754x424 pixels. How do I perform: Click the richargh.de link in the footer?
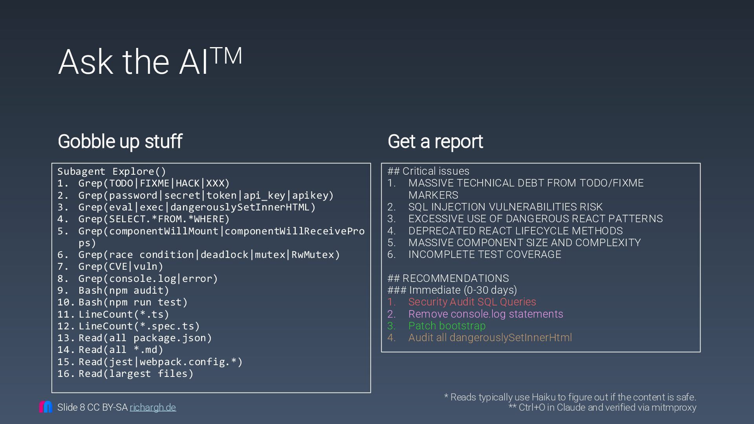153,408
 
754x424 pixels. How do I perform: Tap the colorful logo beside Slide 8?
46,407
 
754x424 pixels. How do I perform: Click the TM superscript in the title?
226,56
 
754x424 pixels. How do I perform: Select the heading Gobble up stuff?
120,141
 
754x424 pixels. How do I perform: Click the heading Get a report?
435,141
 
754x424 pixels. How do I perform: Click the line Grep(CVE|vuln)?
121,267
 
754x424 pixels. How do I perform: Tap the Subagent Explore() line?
112,172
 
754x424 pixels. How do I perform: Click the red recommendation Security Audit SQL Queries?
472,302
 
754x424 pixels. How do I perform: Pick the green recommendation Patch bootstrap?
447,326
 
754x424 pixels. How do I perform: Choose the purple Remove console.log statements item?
485,314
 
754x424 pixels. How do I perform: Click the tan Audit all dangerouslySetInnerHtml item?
490,338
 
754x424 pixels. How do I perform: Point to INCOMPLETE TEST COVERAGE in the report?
485,254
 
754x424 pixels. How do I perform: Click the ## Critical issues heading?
428,171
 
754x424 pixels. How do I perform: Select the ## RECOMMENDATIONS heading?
448,278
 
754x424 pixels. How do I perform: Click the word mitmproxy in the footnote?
673,408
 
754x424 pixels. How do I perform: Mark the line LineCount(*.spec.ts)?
139,326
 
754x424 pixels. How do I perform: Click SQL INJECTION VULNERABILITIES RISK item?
505,207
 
